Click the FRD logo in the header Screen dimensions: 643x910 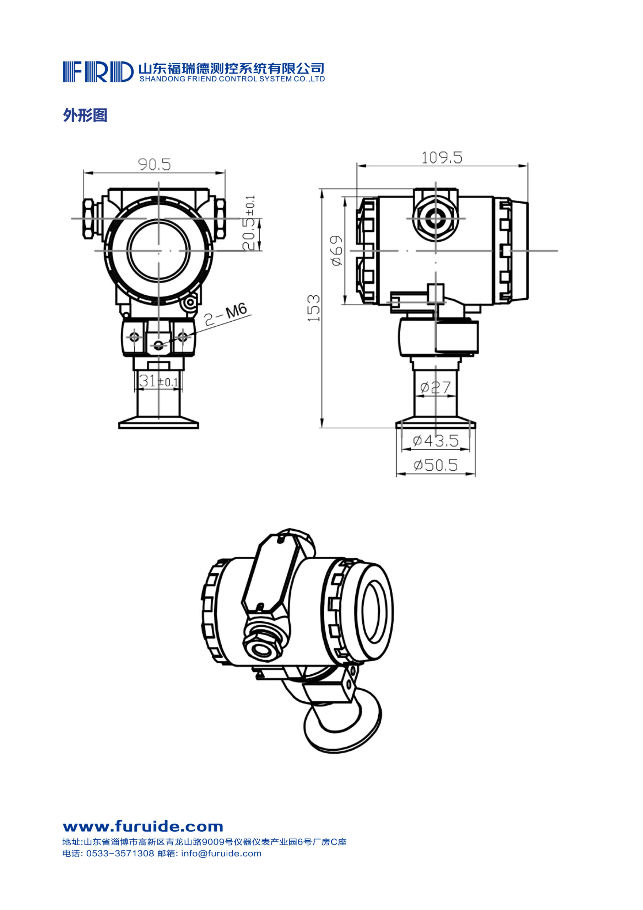[x=98, y=72]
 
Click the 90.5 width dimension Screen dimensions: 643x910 [x=155, y=164]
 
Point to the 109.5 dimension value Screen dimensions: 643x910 [x=442, y=158]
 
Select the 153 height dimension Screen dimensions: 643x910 [x=314, y=308]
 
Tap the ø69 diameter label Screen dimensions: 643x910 [x=337, y=251]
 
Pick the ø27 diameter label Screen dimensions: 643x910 [x=436, y=387]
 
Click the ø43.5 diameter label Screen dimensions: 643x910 [x=436, y=440]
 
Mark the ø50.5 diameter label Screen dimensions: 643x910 [x=436, y=465]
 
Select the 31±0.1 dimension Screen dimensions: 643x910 [x=158, y=381]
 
